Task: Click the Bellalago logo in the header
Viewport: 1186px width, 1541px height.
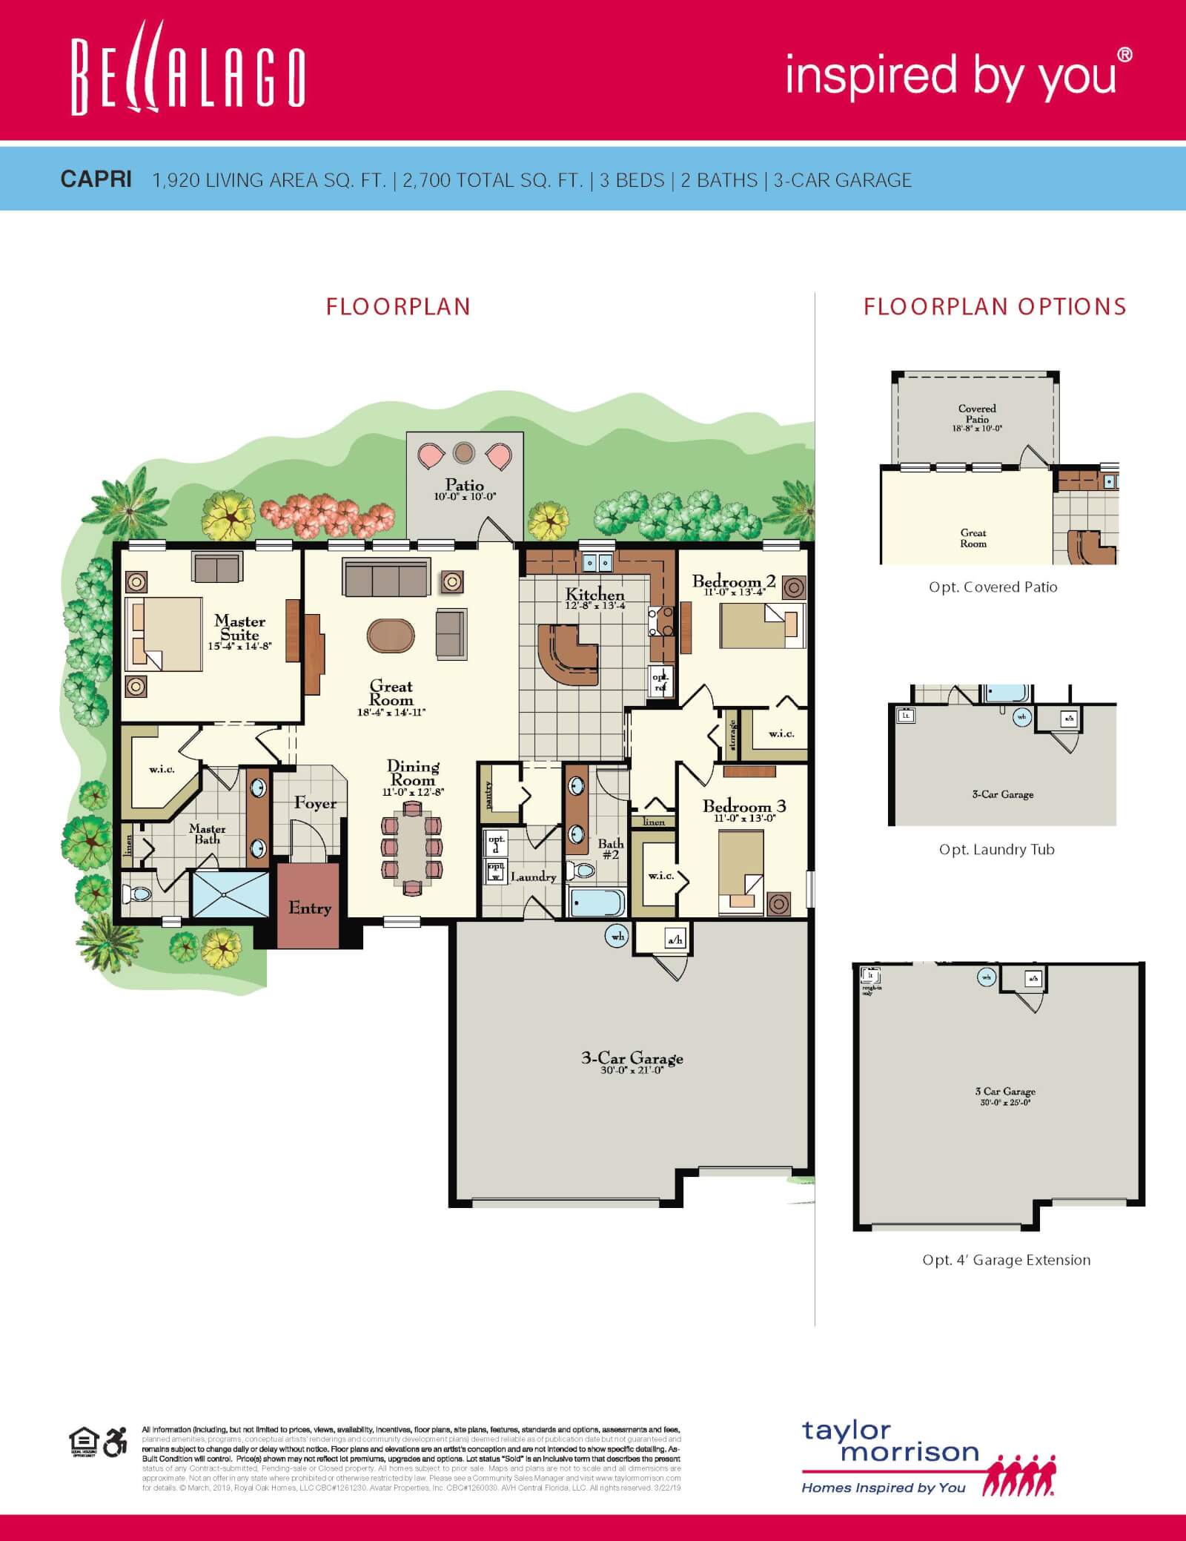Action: pos(188,77)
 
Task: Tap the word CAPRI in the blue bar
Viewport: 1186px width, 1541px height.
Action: pos(96,179)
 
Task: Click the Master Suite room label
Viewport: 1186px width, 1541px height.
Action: pos(239,628)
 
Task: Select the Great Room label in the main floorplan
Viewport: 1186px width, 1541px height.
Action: pos(391,693)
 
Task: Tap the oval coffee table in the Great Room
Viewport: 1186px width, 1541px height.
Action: pos(391,636)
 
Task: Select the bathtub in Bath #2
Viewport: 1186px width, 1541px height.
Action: pos(597,903)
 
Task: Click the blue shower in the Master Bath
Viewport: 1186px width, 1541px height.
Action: pos(230,894)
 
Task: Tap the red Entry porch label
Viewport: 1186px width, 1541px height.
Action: pos(309,908)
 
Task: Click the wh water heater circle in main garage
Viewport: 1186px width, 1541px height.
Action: pos(617,937)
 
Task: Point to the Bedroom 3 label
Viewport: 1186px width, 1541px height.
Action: pos(743,806)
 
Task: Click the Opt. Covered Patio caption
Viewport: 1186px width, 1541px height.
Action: pos(993,587)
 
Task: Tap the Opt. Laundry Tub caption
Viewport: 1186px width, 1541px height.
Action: pos(996,850)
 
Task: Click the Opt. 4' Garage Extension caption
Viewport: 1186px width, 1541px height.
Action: pos(1006,1260)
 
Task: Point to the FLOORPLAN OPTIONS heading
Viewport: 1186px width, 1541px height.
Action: pos(995,306)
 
